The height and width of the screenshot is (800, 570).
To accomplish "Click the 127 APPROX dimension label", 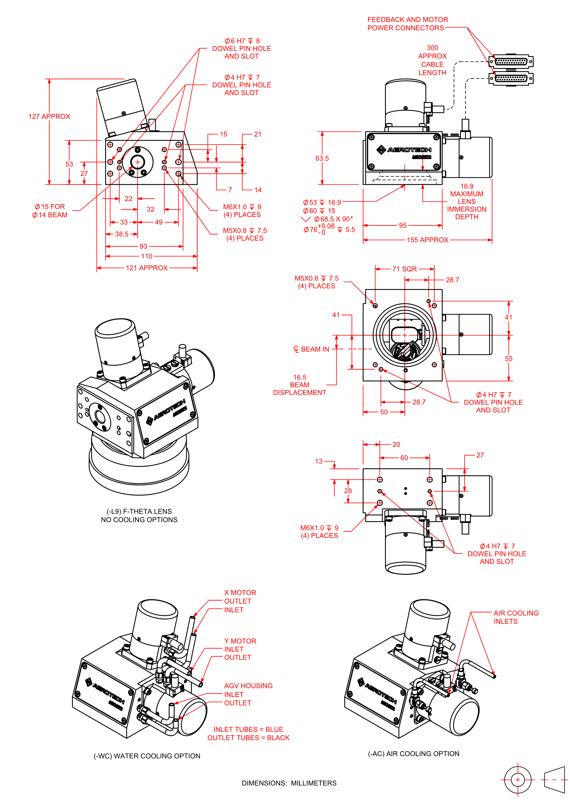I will click(49, 116).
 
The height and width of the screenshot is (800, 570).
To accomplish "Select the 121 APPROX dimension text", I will click(147, 268).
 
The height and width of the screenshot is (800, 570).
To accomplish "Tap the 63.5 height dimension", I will click(322, 158).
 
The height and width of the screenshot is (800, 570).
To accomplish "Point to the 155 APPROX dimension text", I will click(428, 240).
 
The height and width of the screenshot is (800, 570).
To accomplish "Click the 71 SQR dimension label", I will click(404, 269).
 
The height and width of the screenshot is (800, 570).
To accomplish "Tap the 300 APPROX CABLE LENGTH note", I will click(432, 60).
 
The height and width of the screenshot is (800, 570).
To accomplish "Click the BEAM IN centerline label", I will click(311, 349).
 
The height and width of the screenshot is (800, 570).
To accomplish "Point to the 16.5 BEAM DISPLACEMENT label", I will click(300, 385).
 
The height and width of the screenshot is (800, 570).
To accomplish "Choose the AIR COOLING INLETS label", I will click(516, 617).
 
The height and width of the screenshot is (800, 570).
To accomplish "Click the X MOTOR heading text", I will click(240, 593).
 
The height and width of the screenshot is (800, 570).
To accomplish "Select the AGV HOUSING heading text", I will click(248, 686).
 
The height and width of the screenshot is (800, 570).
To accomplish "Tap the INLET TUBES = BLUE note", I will click(248, 729).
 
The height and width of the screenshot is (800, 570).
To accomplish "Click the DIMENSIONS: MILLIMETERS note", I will click(289, 783).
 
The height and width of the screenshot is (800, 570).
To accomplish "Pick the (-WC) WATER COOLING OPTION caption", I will click(147, 756).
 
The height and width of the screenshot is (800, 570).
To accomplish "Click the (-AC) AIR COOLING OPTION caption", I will click(413, 754).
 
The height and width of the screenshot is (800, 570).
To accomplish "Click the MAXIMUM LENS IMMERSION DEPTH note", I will click(466, 205).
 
